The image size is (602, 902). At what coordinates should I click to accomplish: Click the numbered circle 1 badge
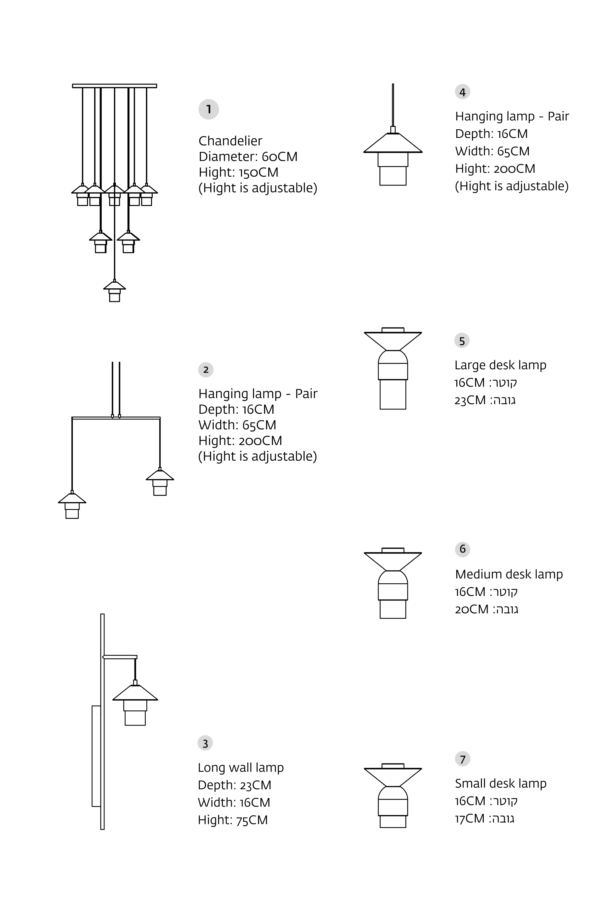click(x=209, y=109)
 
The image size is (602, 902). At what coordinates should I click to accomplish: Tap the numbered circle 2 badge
click(x=206, y=370)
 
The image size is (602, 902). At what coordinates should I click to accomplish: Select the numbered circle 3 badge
click(x=205, y=743)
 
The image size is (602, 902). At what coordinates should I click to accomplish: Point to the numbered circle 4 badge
click(x=462, y=92)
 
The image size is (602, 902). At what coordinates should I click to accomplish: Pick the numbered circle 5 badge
click(x=462, y=341)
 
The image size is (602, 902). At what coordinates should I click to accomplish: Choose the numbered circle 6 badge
click(x=462, y=549)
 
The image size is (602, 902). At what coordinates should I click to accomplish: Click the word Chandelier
click(x=230, y=141)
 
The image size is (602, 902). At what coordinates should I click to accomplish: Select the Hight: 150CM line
click(x=238, y=172)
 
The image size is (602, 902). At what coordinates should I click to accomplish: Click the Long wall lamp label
click(x=241, y=768)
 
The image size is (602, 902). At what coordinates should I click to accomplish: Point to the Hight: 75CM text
click(x=233, y=820)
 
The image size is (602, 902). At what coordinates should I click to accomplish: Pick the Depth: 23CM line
click(x=234, y=785)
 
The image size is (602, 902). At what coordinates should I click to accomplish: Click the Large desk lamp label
click(x=500, y=365)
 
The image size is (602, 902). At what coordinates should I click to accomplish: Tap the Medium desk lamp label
click(x=509, y=574)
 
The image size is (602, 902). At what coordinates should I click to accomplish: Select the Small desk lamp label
click(x=501, y=784)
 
